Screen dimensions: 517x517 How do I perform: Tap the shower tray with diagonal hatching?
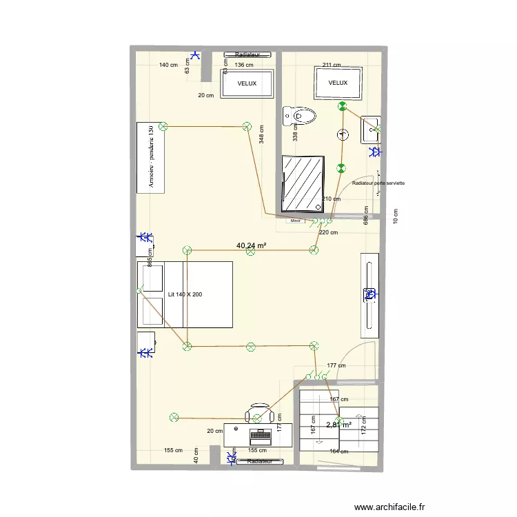(x=302, y=183)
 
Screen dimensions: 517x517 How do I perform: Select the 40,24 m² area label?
(x=252, y=245)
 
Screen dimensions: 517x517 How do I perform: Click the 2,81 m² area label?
(x=338, y=425)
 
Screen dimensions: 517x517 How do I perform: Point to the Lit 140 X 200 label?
(x=185, y=294)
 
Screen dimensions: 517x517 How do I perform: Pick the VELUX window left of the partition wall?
(x=247, y=83)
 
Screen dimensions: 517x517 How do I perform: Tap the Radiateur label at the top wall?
(x=247, y=54)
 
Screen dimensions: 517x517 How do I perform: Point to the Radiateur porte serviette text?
(x=378, y=183)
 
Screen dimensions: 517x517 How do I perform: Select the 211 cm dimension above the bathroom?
(x=332, y=65)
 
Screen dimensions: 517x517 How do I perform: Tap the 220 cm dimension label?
(x=329, y=232)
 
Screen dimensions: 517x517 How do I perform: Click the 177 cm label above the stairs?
(x=336, y=365)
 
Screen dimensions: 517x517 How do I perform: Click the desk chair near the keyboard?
(x=259, y=414)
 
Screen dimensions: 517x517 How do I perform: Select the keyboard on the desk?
(x=260, y=435)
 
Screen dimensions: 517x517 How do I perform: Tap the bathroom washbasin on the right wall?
(x=371, y=129)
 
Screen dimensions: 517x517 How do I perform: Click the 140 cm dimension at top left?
(x=168, y=65)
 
